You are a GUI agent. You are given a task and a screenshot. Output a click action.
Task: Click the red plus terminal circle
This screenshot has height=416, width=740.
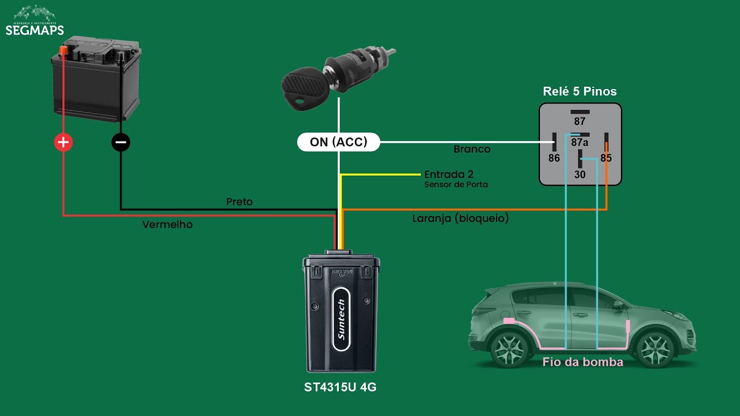[63, 142]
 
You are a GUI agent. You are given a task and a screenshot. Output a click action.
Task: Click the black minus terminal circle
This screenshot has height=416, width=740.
[121, 142]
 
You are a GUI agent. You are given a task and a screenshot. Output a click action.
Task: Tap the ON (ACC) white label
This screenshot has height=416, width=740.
[338, 142]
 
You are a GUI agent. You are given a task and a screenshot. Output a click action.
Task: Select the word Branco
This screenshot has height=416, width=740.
[472, 149]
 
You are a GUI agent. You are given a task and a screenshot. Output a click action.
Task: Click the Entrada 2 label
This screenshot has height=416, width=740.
[449, 174]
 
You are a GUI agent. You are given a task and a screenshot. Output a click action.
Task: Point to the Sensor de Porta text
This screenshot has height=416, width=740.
[456, 185]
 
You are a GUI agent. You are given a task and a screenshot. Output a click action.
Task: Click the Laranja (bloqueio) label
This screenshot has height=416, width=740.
[460, 219]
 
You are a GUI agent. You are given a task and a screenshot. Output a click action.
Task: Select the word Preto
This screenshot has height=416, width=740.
[239, 202]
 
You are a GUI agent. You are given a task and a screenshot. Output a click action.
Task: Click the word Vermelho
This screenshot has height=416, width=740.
[167, 225]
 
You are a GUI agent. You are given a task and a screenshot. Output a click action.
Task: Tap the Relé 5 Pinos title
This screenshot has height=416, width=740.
[579, 91]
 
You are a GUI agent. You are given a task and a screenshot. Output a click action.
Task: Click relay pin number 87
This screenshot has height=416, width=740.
[579, 121]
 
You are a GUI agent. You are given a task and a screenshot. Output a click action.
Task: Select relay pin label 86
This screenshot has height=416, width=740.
[554, 158]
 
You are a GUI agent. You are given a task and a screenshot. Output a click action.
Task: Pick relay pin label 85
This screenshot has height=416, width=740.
[606, 158]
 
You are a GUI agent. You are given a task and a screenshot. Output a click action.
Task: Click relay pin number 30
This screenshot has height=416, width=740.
[579, 174]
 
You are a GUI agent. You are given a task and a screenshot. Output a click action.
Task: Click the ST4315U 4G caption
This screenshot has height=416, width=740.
[340, 387]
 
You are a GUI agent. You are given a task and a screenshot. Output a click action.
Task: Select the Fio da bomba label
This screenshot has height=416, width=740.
[582, 362]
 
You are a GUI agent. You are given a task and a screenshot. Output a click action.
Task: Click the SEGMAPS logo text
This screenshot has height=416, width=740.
[34, 30]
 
